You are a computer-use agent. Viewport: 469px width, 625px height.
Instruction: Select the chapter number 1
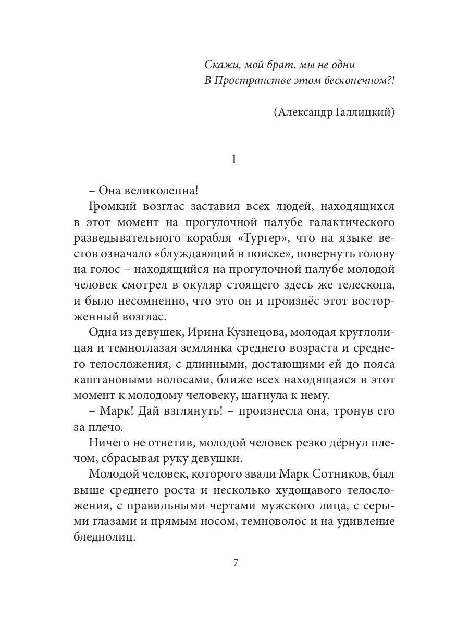pos(234,160)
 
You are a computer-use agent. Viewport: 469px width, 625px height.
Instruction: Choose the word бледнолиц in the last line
pos(103,537)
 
